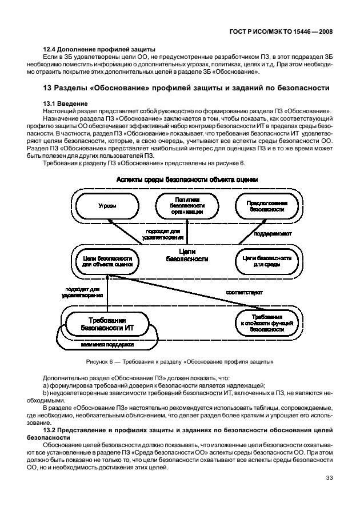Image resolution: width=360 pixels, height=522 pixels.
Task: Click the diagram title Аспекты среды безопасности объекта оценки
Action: pyautogui.click(x=187, y=179)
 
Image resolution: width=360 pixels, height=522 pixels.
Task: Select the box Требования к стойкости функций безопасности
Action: pyautogui.click(x=267, y=324)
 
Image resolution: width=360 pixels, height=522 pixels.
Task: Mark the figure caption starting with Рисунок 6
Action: pyautogui.click(x=179, y=361)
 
